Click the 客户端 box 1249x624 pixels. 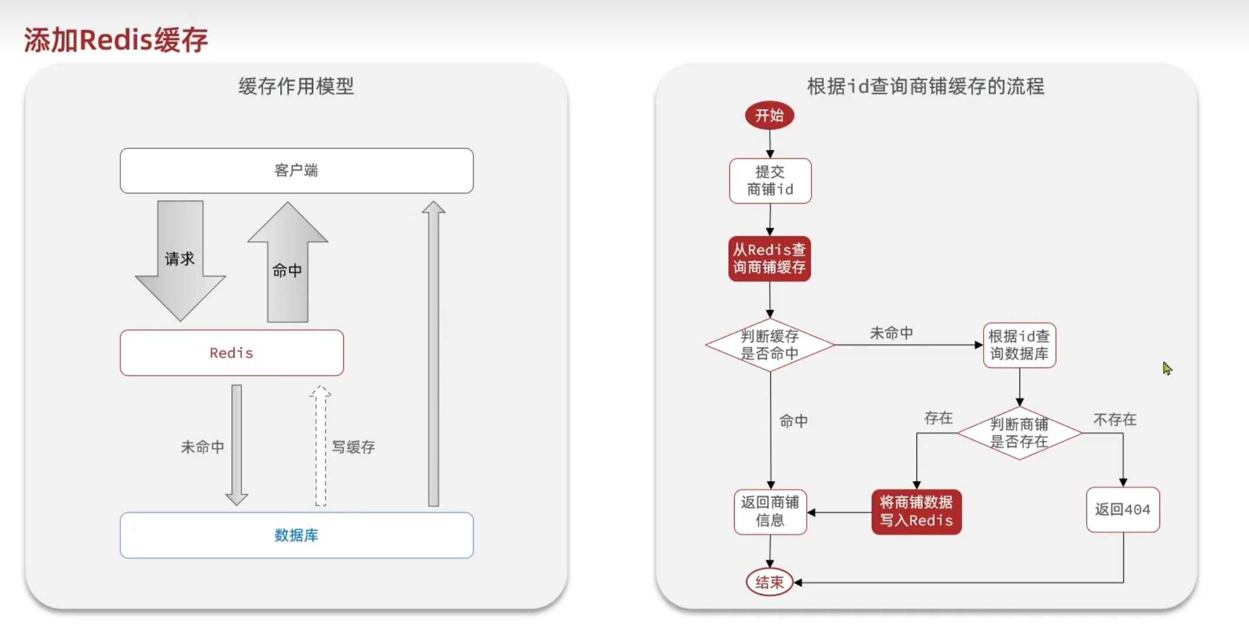[296, 170]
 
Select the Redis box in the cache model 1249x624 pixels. [231, 353]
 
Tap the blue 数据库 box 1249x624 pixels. [296, 535]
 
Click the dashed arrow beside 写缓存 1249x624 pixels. [320, 446]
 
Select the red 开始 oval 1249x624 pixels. [770, 115]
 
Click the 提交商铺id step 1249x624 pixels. [770, 180]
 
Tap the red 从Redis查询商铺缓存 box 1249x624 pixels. [770, 259]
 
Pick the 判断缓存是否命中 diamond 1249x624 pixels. [770, 345]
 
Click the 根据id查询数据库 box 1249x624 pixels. [1019, 345]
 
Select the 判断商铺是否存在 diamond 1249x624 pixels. [1019, 433]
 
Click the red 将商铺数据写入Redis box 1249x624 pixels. [916, 511]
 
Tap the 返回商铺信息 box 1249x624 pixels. [770, 511]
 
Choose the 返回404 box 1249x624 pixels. [1123, 510]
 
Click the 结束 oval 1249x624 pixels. [770, 582]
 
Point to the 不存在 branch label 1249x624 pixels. [1115, 419]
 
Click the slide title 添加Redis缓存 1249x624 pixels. [116, 40]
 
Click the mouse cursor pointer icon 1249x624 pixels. [1167, 369]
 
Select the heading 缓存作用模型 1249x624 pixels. [296, 86]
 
